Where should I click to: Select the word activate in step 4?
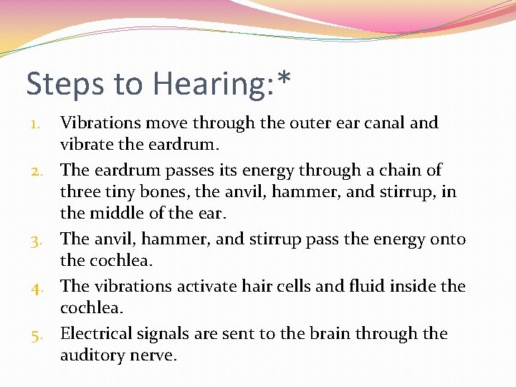pyautogui.click(x=211, y=287)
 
